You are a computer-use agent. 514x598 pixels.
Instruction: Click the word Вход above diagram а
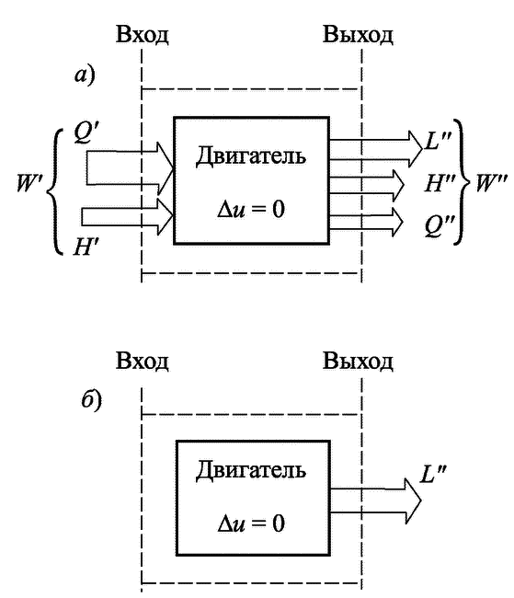[142, 35]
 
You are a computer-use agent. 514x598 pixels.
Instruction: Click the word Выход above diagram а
[358, 35]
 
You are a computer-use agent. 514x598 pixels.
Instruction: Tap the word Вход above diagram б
[142, 361]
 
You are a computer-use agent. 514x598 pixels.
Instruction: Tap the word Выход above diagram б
[358, 361]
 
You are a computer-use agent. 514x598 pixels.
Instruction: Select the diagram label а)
[85, 75]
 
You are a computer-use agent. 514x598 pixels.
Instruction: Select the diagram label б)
[92, 399]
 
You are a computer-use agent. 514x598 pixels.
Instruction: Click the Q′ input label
[87, 133]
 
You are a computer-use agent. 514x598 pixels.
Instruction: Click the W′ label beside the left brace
[30, 183]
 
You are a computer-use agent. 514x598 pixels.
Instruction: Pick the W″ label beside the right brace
[491, 183]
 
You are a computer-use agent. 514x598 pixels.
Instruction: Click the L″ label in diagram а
[438, 141]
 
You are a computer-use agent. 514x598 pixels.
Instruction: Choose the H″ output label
[440, 183]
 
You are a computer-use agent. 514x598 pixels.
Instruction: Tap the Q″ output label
[440, 225]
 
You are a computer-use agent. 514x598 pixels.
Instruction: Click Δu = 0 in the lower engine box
[251, 523]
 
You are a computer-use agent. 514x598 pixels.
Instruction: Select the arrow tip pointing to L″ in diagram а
[422, 149]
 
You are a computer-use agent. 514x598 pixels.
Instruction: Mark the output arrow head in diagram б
[421, 500]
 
